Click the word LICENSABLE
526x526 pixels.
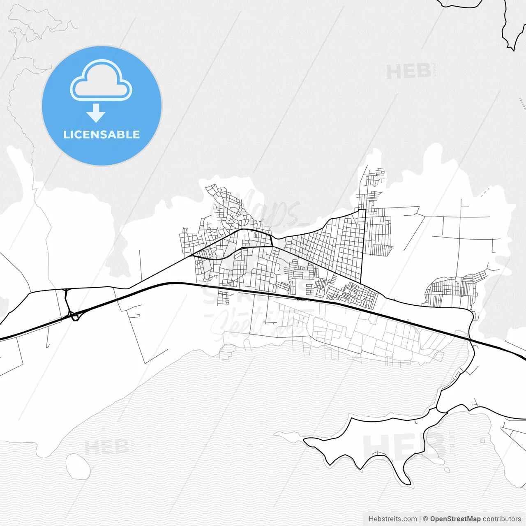pyautogui.click(x=102, y=134)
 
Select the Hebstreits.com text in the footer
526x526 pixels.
pyautogui.click(x=393, y=519)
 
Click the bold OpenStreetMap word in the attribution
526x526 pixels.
pyautogui.click(x=455, y=519)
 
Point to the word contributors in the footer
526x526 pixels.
pyautogui.click(x=501, y=519)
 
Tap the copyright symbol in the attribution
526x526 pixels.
pyautogui.click(x=425, y=519)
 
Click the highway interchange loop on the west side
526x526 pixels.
pyautogui.click(x=74, y=316)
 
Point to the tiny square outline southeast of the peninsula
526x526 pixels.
pyautogui.click(x=482, y=441)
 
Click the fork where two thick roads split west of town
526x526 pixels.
pyautogui.click(x=192, y=256)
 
